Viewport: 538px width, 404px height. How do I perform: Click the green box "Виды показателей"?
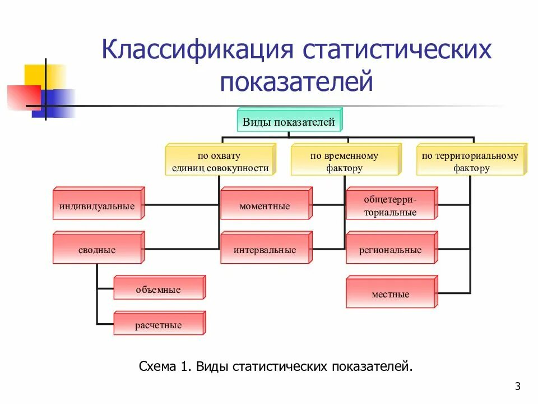click(x=289, y=121)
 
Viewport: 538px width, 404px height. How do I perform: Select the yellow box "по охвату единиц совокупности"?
click(x=218, y=162)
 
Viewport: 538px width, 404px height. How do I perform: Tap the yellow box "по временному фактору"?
click(x=344, y=162)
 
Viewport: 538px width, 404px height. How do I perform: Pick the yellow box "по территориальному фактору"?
click(x=470, y=162)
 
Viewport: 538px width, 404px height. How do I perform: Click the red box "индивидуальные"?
click(x=97, y=206)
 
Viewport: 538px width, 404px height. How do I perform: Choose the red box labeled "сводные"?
click(x=97, y=250)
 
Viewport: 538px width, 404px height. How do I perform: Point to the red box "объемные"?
click(x=158, y=290)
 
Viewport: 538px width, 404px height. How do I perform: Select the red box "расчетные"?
click(x=158, y=325)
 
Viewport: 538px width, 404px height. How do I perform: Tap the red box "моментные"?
click(x=265, y=206)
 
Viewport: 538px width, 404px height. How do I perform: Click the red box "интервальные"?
click(x=265, y=250)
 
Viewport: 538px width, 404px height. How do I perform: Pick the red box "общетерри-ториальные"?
click(x=390, y=206)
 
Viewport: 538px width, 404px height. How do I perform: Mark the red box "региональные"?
click(x=390, y=250)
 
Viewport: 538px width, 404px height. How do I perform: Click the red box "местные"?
click(x=390, y=294)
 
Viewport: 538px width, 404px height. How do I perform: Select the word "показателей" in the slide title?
click(x=296, y=81)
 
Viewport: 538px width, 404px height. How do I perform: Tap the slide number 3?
click(x=517, y=386)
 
